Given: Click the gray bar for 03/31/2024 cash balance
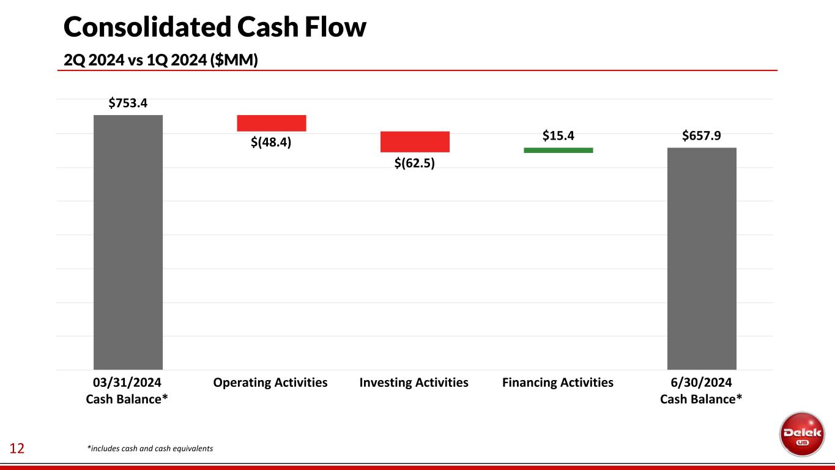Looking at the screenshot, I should (128, 242).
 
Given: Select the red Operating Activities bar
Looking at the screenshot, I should (272, 123).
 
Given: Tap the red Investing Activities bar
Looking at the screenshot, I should (415, 141).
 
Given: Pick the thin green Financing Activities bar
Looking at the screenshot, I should (559, 150).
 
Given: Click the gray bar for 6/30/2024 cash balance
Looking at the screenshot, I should (702, 258).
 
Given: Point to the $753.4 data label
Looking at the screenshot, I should (128, 103).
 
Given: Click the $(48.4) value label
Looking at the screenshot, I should (271, 143).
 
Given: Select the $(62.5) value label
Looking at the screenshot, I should (415, 163).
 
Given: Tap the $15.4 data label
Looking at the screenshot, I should (558, 135).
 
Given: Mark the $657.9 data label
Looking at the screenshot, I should (701, 135).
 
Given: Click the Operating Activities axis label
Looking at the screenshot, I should (270, 383).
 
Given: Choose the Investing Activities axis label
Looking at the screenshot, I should (414, 383).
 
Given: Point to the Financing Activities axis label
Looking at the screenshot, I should (558, 383).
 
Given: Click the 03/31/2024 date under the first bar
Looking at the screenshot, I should (127, 383).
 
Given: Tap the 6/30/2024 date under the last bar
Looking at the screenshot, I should (701, 383).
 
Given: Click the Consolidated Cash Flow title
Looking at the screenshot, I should (215, 27).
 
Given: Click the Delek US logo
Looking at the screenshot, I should (801, 433).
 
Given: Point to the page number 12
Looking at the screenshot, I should (17, 449).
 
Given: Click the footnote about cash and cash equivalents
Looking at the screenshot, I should (150, 449).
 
